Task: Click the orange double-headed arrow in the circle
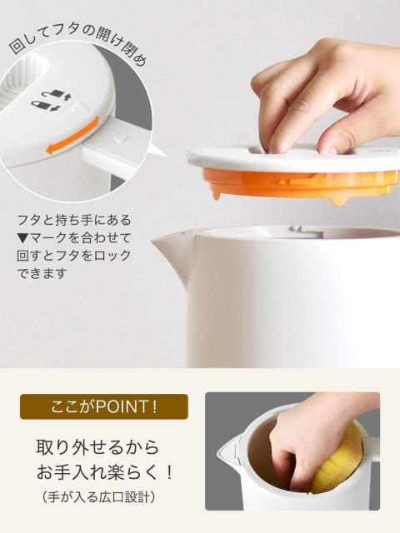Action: (x=73, y=138)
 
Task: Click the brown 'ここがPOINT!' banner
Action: (x=104, y=407)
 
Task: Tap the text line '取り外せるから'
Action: (x=97, y=446)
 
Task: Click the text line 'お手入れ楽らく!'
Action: (x=105, y=473)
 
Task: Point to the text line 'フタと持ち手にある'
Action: (x=75, y=220)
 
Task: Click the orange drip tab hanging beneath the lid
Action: (x=338, y=201)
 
